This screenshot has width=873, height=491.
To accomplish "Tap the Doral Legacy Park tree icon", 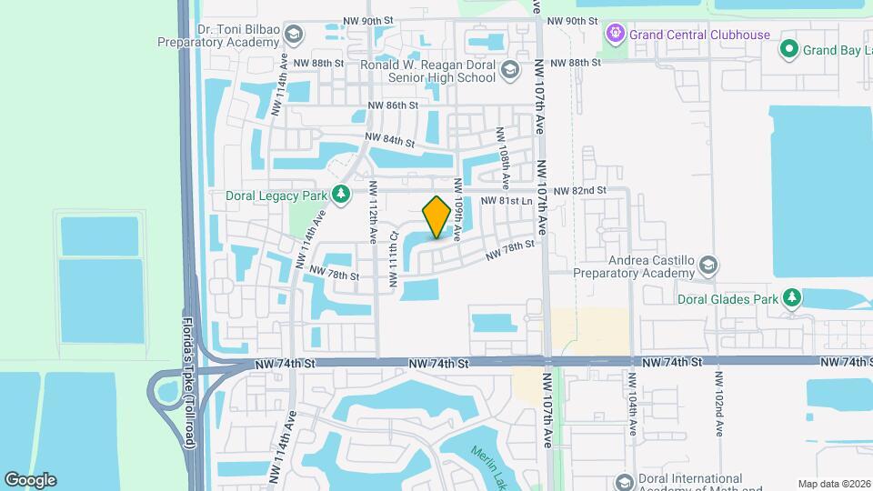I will pos(341,194).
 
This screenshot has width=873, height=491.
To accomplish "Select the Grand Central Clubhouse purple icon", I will pos(615,35).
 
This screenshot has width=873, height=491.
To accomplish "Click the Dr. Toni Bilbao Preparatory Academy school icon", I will pos(293,35).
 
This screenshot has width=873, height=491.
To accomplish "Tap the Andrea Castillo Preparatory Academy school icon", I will pos(708,265).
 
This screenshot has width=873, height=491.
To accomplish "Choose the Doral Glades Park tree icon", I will pos(792,297).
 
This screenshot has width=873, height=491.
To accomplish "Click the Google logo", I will pos(30,479).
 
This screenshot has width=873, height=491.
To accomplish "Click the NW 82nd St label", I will pos(576,190).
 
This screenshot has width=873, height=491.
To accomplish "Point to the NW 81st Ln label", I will pos(506,201).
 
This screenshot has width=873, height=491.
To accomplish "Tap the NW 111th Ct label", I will pos(394,259).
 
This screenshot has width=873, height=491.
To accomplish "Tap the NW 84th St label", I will pos(390,140).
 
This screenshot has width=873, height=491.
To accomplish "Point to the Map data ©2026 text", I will pos(835,483).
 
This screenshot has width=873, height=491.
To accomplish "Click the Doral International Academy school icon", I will pos(623,481).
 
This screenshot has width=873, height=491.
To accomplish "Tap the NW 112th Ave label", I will pos(374,209).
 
